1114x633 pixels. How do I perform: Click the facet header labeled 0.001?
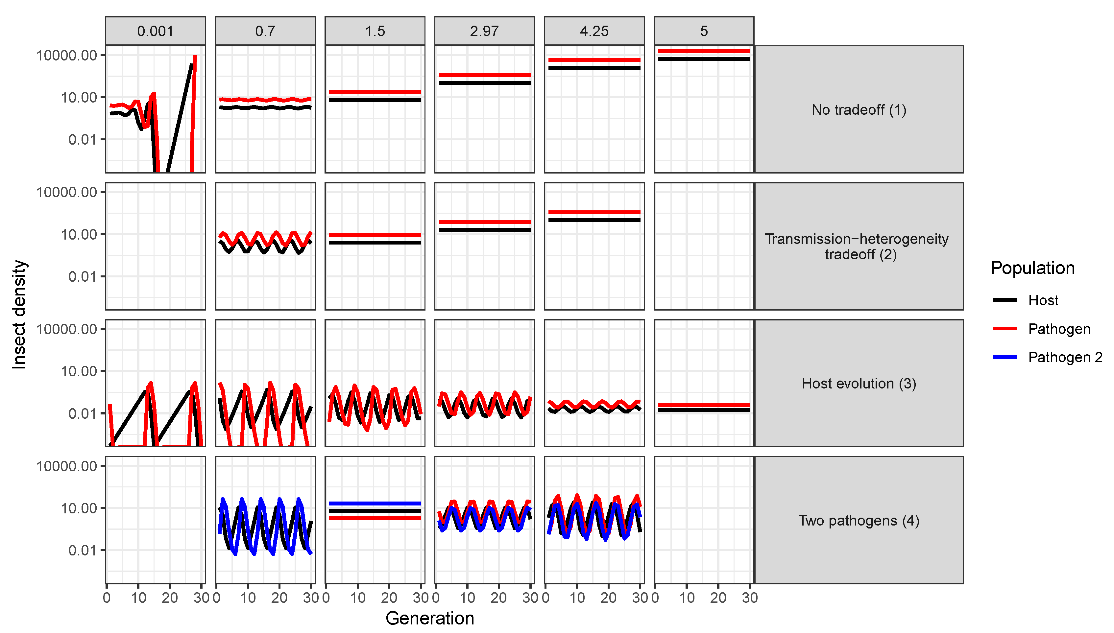pos(155,31)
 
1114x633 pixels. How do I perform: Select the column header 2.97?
pos(484,31)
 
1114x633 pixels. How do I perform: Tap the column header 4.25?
pos(593,31)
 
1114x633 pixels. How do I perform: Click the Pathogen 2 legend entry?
pos(1064,357)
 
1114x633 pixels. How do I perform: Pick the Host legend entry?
pos(1042,300)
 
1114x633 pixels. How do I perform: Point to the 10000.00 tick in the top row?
pos(66,55)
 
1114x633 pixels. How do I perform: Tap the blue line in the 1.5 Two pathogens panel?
pos(375,504)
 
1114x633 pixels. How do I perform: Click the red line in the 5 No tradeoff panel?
pos(704,51)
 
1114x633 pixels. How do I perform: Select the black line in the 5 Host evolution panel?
pos(704,410)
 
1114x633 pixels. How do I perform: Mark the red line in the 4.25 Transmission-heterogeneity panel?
pos(593,212)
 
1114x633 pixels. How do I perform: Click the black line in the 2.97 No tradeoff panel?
pos(484,82)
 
